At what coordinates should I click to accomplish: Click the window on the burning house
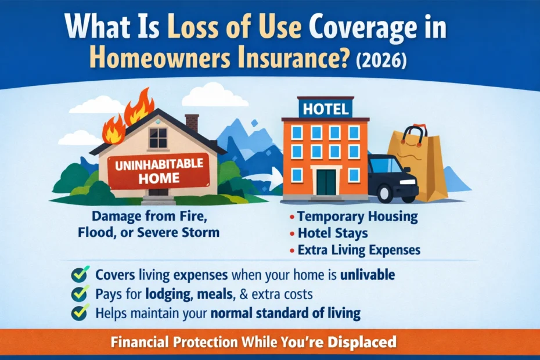pyautogui.click(x=157, y=138)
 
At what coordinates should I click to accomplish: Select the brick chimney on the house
pyautogui.click(x=192, y=123)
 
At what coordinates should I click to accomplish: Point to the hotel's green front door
pyautogui.click(x=326, y=182)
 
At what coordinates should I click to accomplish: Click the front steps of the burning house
pyautogui.click(x=159, y=200)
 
